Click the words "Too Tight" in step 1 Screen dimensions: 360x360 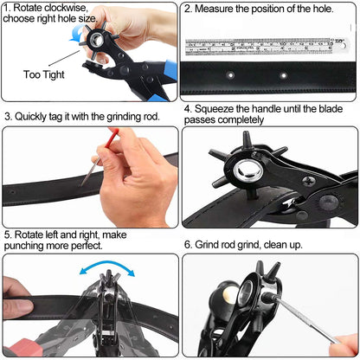(x=44, y=74)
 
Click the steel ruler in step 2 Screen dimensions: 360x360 (x=266, y=47)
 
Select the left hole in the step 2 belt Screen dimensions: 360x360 (x=230, y=75)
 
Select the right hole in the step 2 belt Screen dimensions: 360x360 (x=284, y=75)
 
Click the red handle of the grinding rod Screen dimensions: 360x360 (x=112, y=138)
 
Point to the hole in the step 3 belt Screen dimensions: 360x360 (x=12, y=192)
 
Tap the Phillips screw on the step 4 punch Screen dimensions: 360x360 (x=308, y=181)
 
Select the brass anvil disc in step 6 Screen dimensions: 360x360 (x=229, y=296)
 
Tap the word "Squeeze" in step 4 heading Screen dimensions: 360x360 (x=214, y=109)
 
